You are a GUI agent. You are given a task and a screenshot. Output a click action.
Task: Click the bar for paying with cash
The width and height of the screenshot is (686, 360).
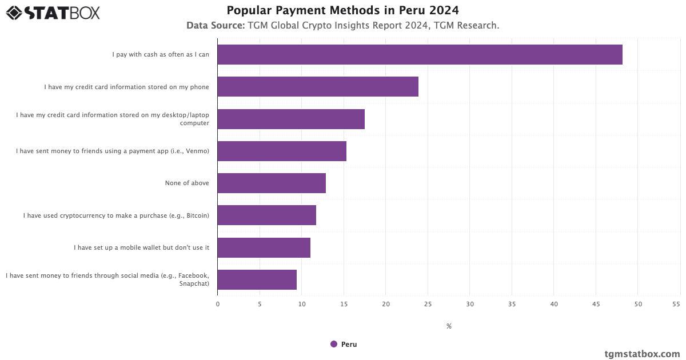pos(420,54)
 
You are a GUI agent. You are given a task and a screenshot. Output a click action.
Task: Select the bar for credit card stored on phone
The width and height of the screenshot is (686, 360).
pos(318,86)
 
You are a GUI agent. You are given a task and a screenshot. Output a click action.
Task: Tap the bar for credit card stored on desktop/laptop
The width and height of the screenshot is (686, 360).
pos(291,119)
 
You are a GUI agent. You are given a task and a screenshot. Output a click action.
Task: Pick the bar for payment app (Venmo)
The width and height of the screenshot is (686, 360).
pos(282,151)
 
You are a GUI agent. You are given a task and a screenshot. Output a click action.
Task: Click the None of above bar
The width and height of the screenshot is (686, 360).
pos(272,183)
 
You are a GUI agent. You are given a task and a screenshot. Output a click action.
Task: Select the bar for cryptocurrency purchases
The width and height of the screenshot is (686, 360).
pos(266,215)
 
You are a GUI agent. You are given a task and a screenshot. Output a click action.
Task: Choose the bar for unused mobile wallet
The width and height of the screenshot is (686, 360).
pos(264,247)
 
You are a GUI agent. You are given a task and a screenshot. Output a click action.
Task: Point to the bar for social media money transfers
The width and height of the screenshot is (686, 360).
pos(257,279)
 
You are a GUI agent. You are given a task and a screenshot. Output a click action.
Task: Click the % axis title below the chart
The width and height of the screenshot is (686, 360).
pos(449,326)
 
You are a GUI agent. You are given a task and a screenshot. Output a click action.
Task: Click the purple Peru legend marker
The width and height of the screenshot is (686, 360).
pos(334,344)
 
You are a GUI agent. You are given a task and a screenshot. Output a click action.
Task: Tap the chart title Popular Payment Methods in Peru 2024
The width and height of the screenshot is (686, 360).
pos(342,10)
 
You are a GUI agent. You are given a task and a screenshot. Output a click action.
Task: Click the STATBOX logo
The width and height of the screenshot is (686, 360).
pos(53,13)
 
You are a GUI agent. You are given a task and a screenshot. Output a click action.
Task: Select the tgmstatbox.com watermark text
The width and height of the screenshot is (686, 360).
pos(642,354)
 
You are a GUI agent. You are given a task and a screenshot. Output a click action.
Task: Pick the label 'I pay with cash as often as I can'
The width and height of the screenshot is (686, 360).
pos(161,54)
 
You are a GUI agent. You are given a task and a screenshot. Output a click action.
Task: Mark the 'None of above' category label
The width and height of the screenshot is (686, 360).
pos(187,183)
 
